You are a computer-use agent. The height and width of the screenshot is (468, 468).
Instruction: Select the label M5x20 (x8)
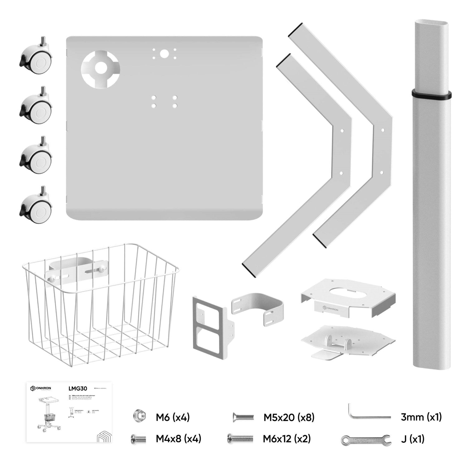tap(289, 417)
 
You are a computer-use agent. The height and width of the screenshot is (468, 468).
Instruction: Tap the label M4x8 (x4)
tap(178, 439)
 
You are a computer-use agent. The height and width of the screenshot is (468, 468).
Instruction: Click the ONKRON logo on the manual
tap(41, 388)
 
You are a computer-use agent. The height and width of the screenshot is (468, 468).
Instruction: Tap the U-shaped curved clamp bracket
tap(258, 307)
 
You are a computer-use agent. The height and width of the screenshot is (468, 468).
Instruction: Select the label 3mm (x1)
tap(421, 417)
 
